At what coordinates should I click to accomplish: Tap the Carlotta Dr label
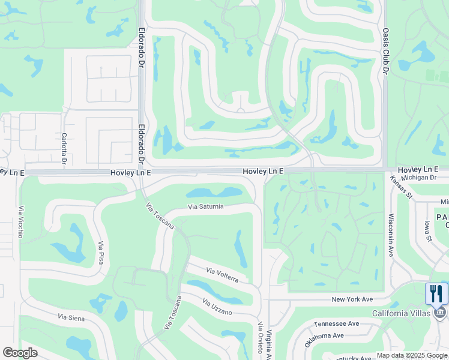(x=63, y=148)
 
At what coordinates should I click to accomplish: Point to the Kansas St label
(x=401, y=187)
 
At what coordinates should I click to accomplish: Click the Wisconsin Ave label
(x=390, y=236)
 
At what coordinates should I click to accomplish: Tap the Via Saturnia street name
(x=206, y=207)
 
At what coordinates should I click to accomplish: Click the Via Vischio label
(x=21, y=221)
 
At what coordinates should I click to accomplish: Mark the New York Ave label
(x=352, y=299)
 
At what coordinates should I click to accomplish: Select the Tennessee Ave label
(x=336, y=323)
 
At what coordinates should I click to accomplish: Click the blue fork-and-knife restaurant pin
(x=436, y=294)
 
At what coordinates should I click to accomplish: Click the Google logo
(x=20, y=353)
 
